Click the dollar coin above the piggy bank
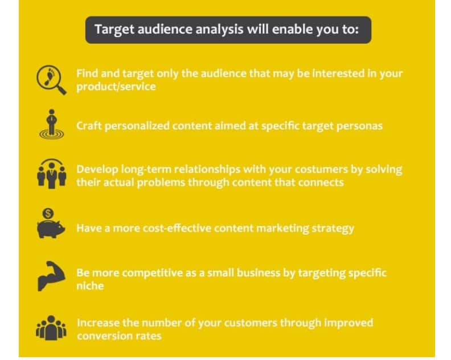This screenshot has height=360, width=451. [49, 213]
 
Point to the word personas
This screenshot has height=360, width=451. [361, 125]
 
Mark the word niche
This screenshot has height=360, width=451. [90, 286]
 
